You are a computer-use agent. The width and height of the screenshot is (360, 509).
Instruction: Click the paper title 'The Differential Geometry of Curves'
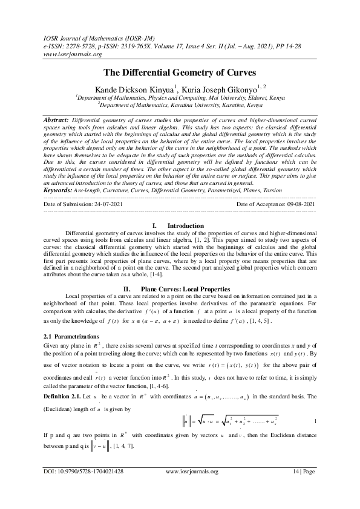180,72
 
